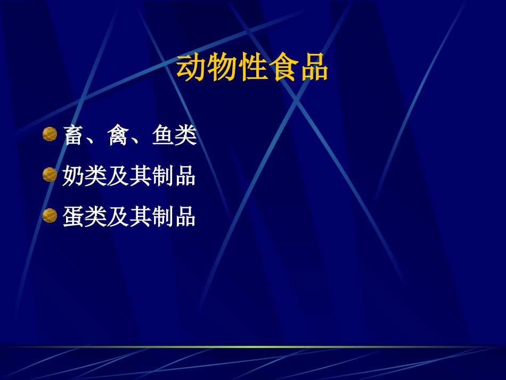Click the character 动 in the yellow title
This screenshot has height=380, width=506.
coord(192,68)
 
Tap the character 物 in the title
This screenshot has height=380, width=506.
coord(222,68)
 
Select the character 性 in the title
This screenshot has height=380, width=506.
coord(252,68)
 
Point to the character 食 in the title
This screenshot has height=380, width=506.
coord(283,68)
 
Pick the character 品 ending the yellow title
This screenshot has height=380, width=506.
coord(313,68)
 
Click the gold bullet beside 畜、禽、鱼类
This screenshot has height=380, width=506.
coord(50,134)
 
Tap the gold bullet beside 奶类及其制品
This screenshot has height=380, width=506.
coord(50,175)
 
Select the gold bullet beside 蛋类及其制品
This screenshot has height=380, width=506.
coord(50,216)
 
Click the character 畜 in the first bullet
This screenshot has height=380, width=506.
coord(74,135)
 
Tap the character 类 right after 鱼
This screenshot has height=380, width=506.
coord(186,135)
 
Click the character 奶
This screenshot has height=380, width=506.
coord(74,176)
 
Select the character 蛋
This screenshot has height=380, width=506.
coord(74,217)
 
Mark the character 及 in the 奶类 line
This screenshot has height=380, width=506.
coord(118,176)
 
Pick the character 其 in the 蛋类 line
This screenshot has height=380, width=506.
coord(141,217)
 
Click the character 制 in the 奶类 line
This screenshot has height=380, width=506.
coord(163,176)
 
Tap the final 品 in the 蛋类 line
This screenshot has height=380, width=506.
coord(185,217)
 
